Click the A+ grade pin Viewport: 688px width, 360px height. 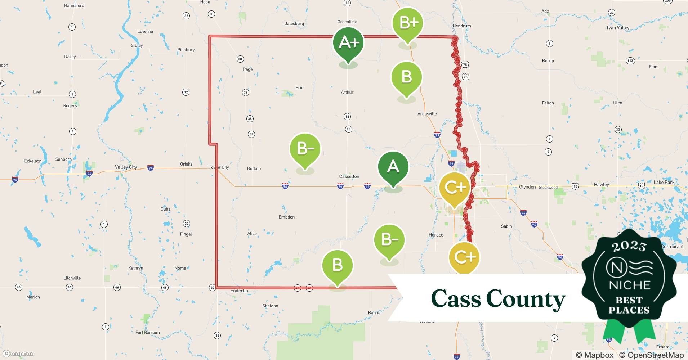pyautogui.click(x=348, y=43)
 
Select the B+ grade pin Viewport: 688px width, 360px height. pyautogui.click(x=407, y=23)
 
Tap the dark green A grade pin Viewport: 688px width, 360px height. pyautogui.click(x=393, y=167)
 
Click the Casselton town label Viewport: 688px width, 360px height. pyautogui.click(x=349, y=176)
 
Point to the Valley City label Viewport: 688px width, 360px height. pyautogui.click(x=126, y=167)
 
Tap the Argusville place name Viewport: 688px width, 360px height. pyautogui.click(x=427, y=114)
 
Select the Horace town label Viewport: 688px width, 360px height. pyautogui.click(x=436, y=235)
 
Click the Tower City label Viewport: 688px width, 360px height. pyautogui.click(x=219, y=167)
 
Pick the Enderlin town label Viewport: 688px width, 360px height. pyautogui.click(x=239, y=291)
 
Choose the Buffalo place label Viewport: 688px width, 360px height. pyautogui.click(x=254, y=168)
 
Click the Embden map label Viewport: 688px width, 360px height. pyautogui.click(x=287, y=217)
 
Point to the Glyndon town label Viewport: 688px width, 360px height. pyautogui.click(x=527, y=187)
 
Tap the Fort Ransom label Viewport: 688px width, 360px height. pyautogui.click(x=147, y=332)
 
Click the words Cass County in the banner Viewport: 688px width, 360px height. pyautogui.click(x=498, y=299)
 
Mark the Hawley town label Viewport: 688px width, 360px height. pyautogui.click(x=601, y=185)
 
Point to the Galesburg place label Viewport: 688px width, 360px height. pyautogui.click(x=294, y=24)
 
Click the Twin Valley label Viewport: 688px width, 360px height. pyautogui.click(x=617, y=28)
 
